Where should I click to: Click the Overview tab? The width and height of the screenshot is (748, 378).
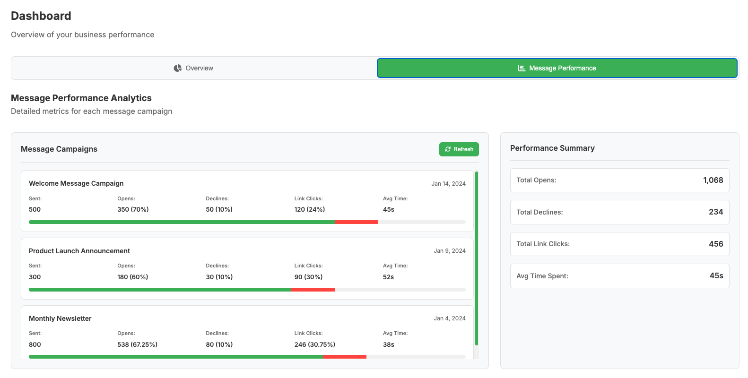click(194, 68)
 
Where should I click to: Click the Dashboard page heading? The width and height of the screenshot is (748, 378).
click(41, 16)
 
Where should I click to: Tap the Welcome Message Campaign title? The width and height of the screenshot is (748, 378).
click(76, 183)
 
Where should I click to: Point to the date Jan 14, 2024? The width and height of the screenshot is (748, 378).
click(448, 184)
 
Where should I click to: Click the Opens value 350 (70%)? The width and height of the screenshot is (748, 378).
click(133, 209)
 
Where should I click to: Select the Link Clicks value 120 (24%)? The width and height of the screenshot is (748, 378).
click(309, 209)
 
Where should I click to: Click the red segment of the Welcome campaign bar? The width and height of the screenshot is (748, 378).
click(356, 222)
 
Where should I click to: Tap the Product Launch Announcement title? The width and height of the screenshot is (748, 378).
click(79, 251)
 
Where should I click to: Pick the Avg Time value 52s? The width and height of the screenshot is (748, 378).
click(388, 277)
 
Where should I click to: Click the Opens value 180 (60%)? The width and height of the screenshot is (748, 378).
click(132, 277)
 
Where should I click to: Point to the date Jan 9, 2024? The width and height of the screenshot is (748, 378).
click(450, 251)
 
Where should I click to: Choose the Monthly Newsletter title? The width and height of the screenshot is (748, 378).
click(60, 318)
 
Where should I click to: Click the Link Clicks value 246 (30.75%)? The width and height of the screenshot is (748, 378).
click(314, 344)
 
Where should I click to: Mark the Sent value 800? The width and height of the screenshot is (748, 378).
click(35, 344)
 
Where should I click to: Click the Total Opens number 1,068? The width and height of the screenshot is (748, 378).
click(713, 180)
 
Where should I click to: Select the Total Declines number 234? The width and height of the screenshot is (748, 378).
click(716, 212)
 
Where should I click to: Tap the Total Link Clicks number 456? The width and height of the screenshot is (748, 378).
click(716, 244)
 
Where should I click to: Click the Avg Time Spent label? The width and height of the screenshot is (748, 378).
click(542, 276)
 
